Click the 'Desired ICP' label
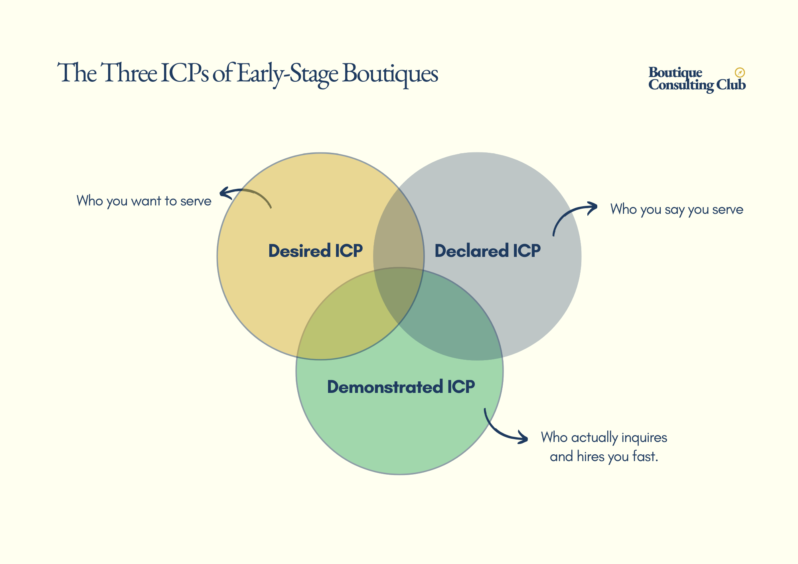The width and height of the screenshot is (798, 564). [315, 251]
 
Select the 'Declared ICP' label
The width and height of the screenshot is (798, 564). [487, 251]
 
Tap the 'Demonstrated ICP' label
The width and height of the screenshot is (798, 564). [401, 387]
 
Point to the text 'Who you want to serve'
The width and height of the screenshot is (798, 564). [144, 201]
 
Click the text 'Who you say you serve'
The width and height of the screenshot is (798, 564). [677, 209]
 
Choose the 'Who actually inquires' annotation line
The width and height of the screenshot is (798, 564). [604, 438]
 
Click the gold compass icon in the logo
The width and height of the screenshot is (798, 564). [740, 73]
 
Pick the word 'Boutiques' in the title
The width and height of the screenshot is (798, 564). [390, 73]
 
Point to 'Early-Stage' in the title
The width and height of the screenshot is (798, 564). [287, 73]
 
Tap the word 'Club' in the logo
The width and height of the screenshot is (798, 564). [731, 85]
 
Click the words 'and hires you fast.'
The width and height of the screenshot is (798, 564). [604, 456]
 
